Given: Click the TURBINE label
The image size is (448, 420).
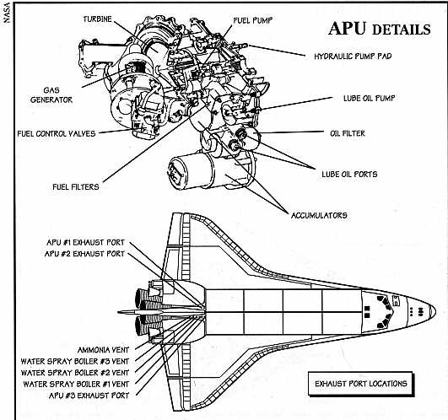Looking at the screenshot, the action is [x=97, y=19].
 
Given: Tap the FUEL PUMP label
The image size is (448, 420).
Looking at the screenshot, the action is [x=252, y=20].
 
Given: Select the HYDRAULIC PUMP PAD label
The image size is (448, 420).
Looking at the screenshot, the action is [x=353, y=57].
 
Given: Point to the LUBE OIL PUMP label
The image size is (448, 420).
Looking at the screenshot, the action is [x=370, y=98].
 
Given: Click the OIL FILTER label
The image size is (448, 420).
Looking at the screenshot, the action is [x=348, y=133].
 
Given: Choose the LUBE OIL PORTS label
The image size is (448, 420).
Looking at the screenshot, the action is [x=349, y=175].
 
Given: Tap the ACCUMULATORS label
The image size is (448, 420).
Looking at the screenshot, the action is [x=319, y=215].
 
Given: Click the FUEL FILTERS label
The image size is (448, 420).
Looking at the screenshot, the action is [x=76, y=187].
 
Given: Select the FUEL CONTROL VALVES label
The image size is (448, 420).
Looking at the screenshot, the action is [x=57, y=133].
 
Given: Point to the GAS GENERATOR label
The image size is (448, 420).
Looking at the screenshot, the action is [x=51, y=95].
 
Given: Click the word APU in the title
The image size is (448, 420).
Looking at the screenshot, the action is [x=347, y=29].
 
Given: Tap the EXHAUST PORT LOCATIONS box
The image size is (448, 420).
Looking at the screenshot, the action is [x=361, y=384].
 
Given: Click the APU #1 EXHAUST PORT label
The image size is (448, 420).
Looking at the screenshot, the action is [x=86, y=242].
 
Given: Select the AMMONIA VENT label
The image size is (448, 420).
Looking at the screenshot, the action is [x=104, y=350].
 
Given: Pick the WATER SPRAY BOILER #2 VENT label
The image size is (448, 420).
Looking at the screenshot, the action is [x=75, y=373].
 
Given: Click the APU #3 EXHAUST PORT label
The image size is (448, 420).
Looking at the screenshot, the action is [x=89, y=396].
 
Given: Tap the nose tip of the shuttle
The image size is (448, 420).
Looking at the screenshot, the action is [x=435, y=311].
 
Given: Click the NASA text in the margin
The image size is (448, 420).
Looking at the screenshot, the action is [x=7, y=13].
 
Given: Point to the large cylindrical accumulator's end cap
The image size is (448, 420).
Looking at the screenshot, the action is [x=178, y=172].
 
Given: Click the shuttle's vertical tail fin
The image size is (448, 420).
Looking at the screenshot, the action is [x=161, y=312].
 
